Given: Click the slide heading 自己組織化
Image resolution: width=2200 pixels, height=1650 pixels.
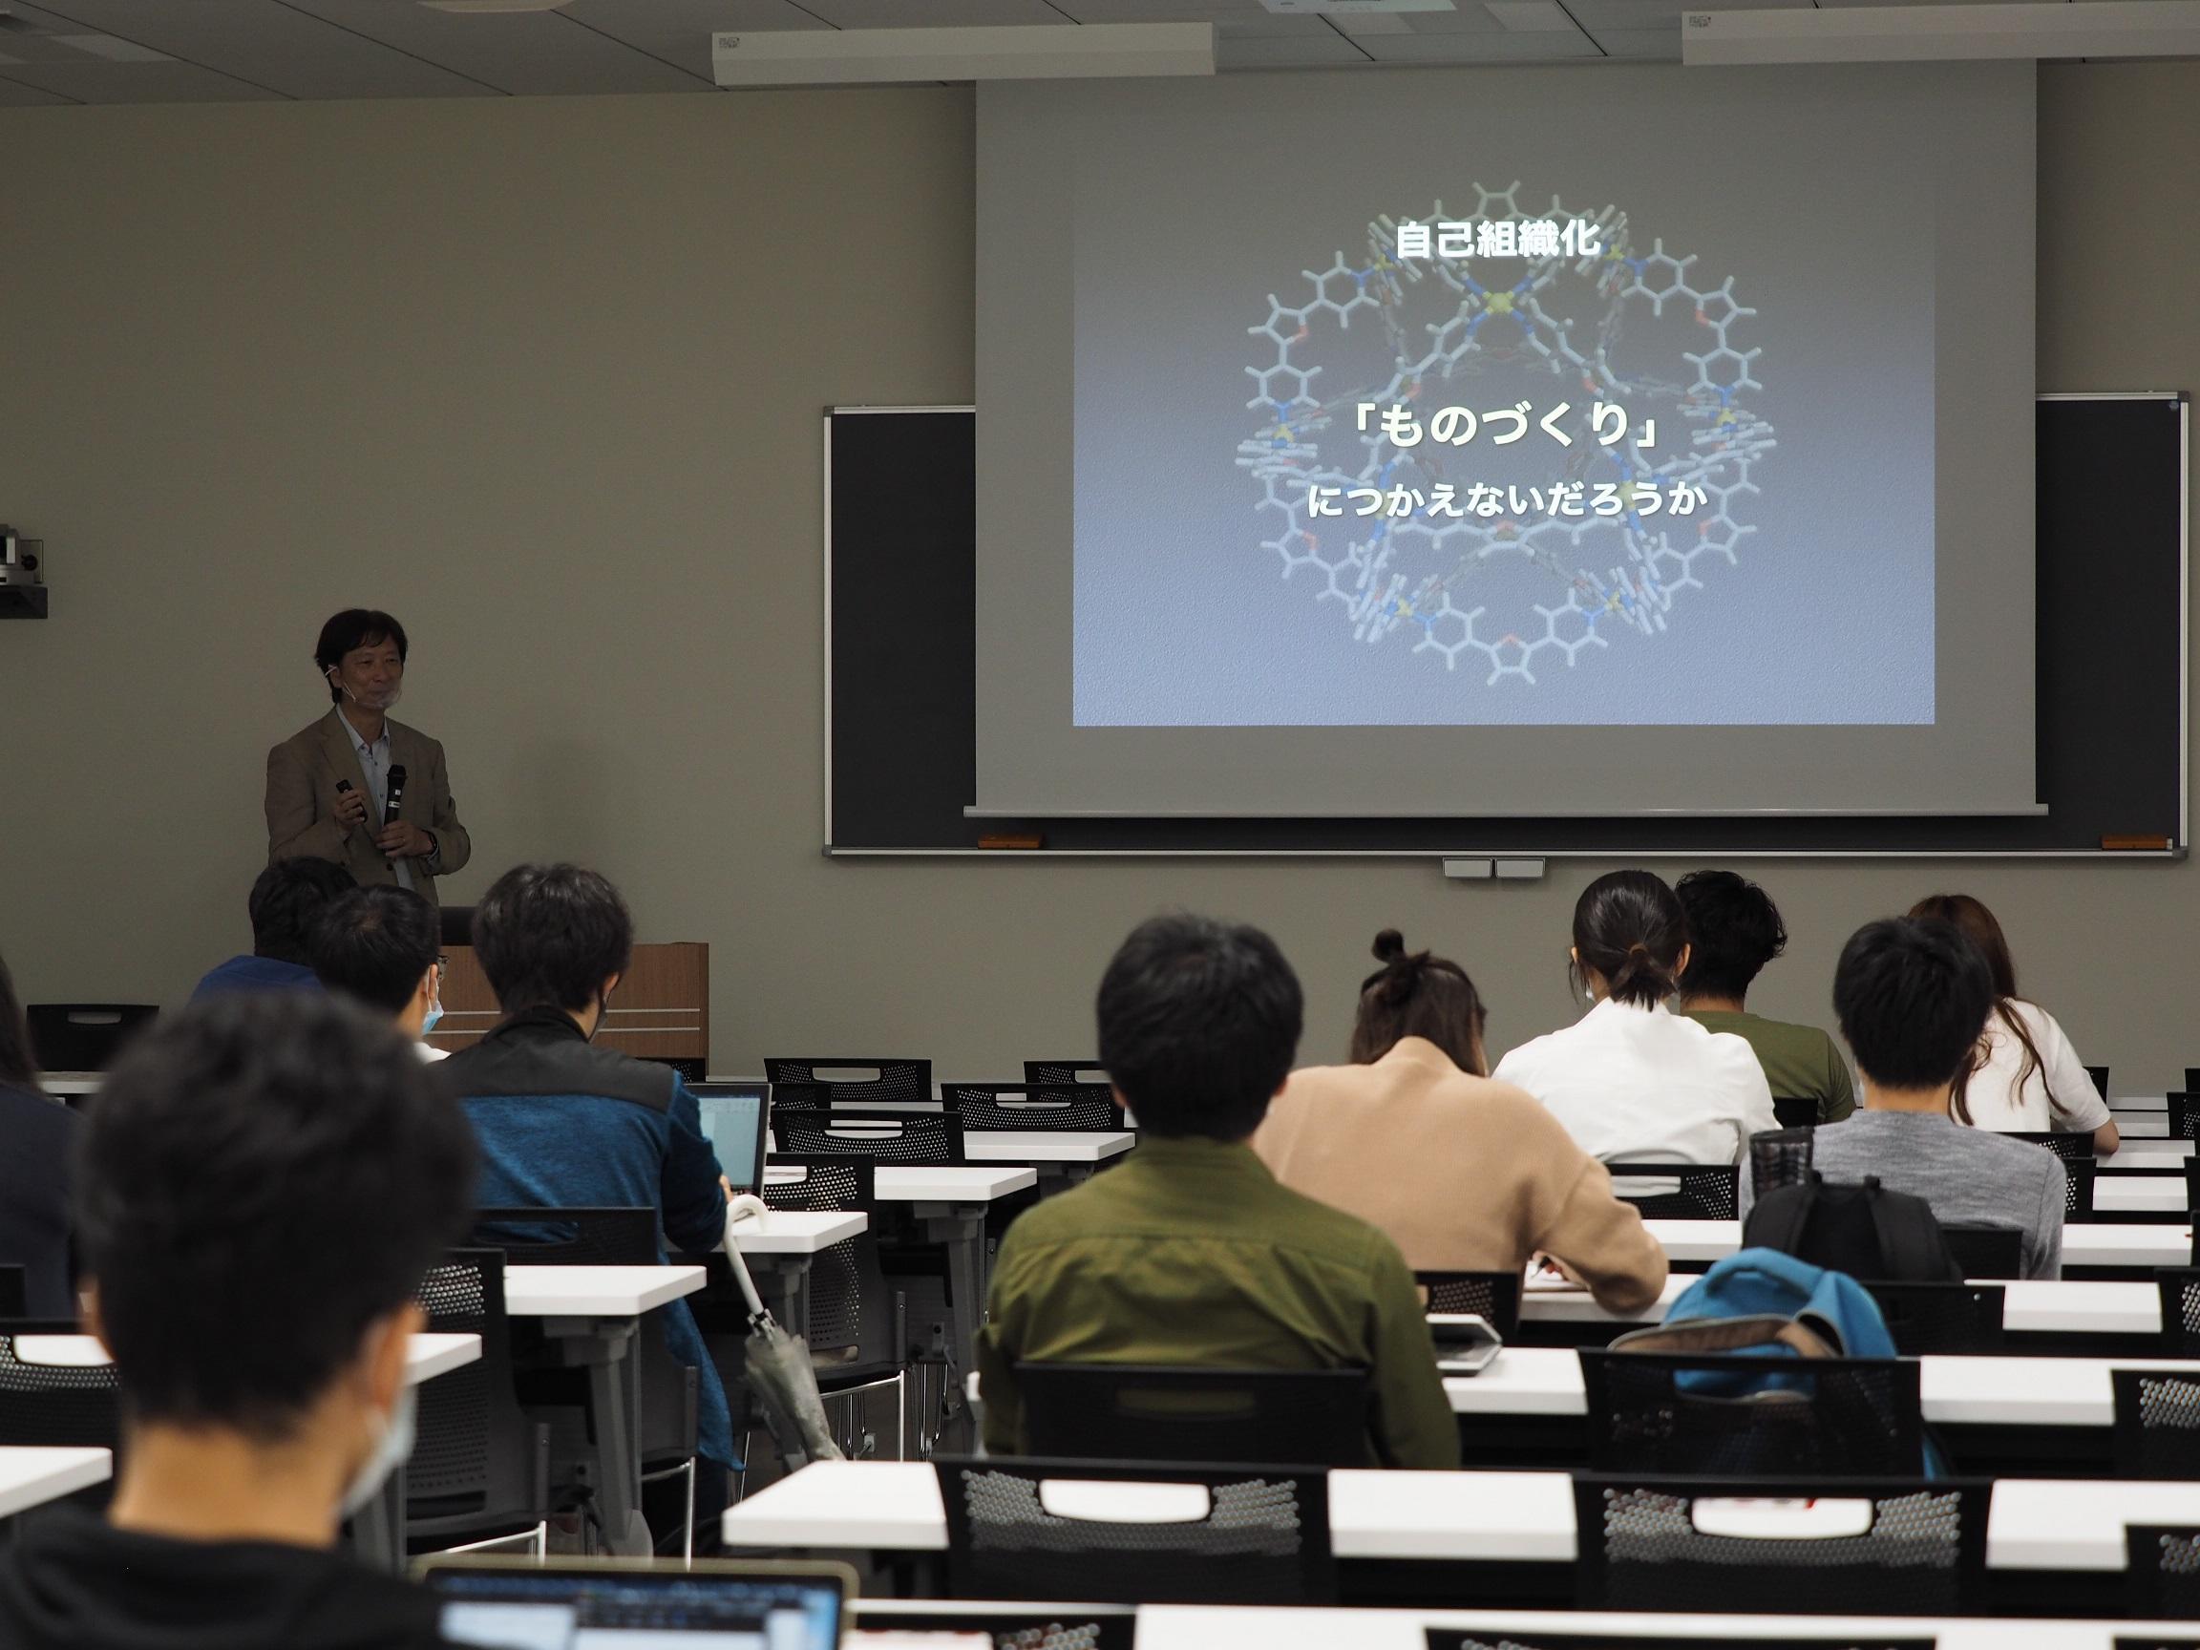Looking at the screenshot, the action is [1498, 241].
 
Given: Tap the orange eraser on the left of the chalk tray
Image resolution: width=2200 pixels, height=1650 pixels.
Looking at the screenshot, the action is [1008, 842].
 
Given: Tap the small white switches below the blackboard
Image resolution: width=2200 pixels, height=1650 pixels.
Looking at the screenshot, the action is [1492, 868].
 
